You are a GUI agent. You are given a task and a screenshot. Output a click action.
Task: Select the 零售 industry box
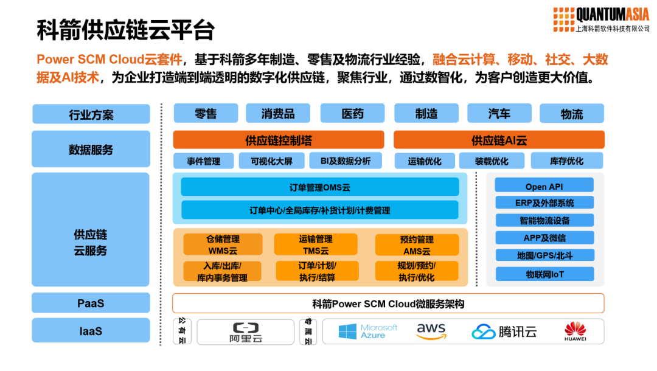pyautogui.click(x=206, y=114)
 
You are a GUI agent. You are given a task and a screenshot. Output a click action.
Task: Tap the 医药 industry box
pyautogui.click(x=352, y=114)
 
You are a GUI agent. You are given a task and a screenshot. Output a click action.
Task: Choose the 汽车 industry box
pyautogui.click(x=499, y=114)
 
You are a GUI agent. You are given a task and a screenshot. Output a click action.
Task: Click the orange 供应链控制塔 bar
pyautogui.click(x=279, y=140)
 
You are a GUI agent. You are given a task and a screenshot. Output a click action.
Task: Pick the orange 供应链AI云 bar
pyautogui.click(x=499, y=140)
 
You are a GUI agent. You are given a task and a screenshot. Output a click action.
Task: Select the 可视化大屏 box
pyautogui.click(x=271, y=161)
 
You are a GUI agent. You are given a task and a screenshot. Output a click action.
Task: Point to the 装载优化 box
pyautogui.click(x=492, y=161)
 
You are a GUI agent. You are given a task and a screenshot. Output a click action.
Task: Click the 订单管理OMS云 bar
pyautogui.click(x=320, y=187)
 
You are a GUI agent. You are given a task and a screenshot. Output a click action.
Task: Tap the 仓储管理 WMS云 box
pyautogui.click(x=223, y=244)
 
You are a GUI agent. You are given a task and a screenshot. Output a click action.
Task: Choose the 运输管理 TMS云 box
pyautogui.click(x=315, y=244)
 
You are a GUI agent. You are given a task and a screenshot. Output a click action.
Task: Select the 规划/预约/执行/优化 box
pyautogui.click(x=416, y=271)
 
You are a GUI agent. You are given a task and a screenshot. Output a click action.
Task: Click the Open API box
pyautogui.click(x=544, y=186)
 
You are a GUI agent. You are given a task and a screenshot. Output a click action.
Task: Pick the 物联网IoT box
pyautogui.click(x=544, y=274)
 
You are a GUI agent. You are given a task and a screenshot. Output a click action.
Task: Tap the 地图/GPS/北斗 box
pyautogui.click(x=544, y=256)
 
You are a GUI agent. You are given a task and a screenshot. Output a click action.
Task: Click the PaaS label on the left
pyautogui.click(x=91, y=303)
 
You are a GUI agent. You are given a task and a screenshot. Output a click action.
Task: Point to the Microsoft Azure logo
pyautogui.click(x=368, y=331)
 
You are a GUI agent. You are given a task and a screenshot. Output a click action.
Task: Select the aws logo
pyautogui.click(x=431, y=331)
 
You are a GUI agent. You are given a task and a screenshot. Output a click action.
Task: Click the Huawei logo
pyautogui.click(x=575, y=331)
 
